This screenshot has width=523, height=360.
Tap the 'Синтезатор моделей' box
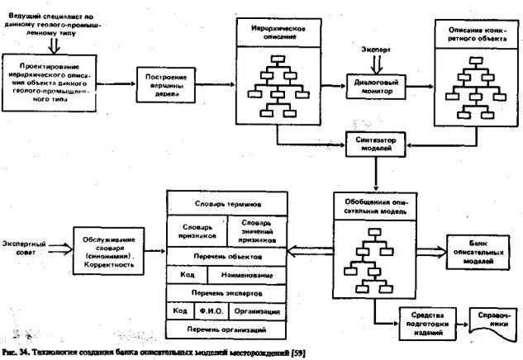click(x=375, y=142)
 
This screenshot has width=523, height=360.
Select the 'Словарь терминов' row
click(x=227, y=203)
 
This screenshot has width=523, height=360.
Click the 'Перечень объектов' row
click(x=227, y=256)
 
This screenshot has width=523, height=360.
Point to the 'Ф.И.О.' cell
click(x=207, y=311)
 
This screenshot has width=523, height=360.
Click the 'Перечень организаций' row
click(x=227, y=329)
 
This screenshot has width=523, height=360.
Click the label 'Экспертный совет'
click(x=23, y=249)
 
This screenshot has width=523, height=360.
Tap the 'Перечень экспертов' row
click(x=227, y=292)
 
